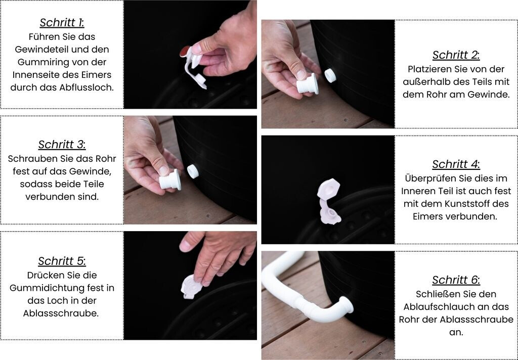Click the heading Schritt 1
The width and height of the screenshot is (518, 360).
pyautogui.click(x=62, y=23)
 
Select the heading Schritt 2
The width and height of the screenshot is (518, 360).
pyautogui.click(x=456, y=55)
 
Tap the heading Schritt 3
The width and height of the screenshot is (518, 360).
pyautogui.click(x=62, y=145)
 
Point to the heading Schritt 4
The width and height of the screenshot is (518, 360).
pyautogui.click(x=456, y=164)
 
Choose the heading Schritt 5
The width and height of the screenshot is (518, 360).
pyautogui.click(x=62, y=261)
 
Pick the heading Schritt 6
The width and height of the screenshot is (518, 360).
pyautogui.click(x=456, y=280)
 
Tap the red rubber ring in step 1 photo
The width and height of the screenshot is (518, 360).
pyautogui.click(x=185, y=51)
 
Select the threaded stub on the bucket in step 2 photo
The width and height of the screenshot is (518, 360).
pyautogui.click(x=330, y=76)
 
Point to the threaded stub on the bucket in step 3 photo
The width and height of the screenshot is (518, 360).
pyautogui.click(x=193, y=171)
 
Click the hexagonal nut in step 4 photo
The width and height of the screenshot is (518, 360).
pyautogui.click(x=328, y=190)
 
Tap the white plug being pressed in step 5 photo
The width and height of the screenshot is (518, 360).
pyautogui.click(x=191, y=287)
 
